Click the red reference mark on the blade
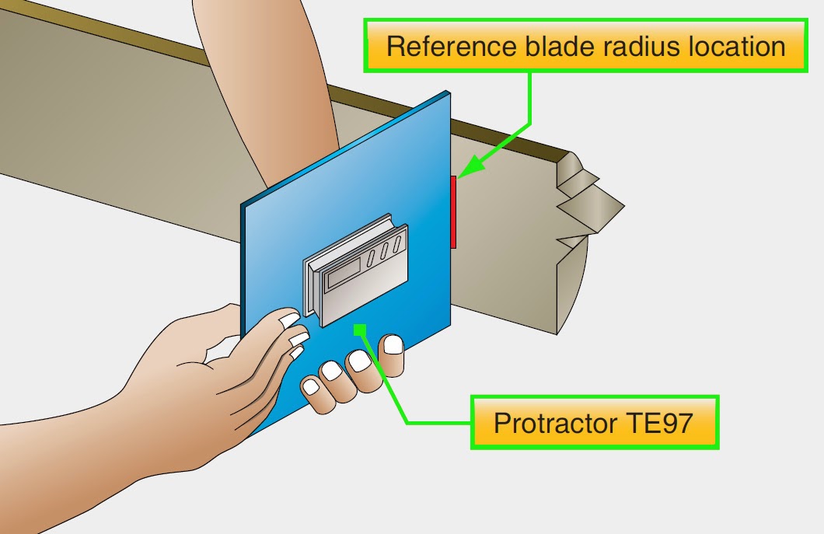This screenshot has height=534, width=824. point(453,211)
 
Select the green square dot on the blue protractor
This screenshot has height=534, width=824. point(359,330)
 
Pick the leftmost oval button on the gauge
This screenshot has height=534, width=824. point(372,257)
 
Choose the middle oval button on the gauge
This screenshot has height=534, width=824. point(385,250)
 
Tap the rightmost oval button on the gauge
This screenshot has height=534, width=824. point(397,244)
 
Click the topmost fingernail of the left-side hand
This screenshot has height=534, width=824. point(289,319)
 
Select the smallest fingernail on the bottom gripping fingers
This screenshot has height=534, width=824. point(311,386)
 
